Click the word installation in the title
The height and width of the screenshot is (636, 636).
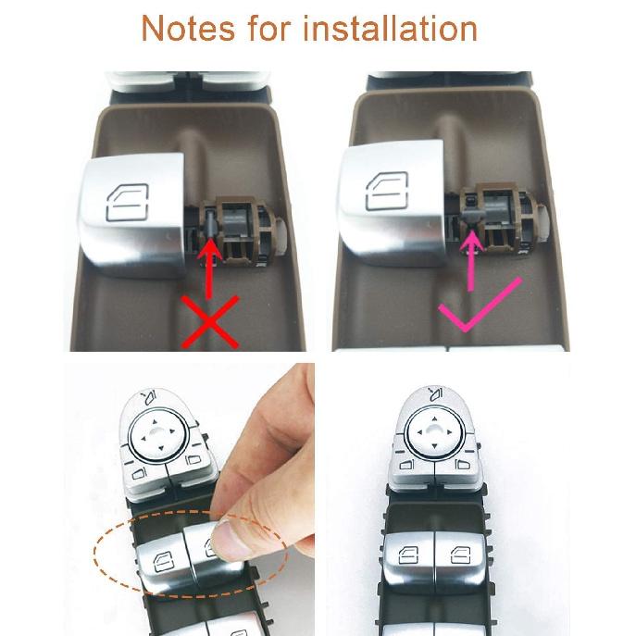click(x=402, y=29)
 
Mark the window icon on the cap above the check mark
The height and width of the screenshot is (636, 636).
click(x=389, y=193)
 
